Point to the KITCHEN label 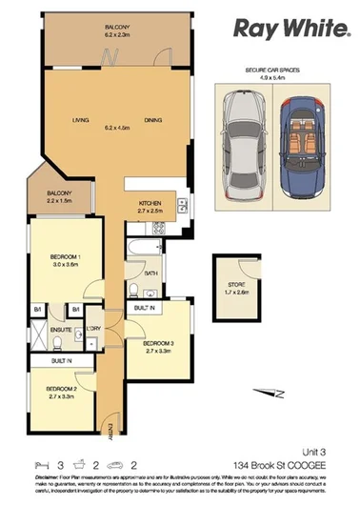coord(152,204)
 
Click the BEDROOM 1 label coord(64,257)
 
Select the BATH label coord(150,273)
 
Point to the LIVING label coord(81,121)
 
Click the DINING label coord(152,121)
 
